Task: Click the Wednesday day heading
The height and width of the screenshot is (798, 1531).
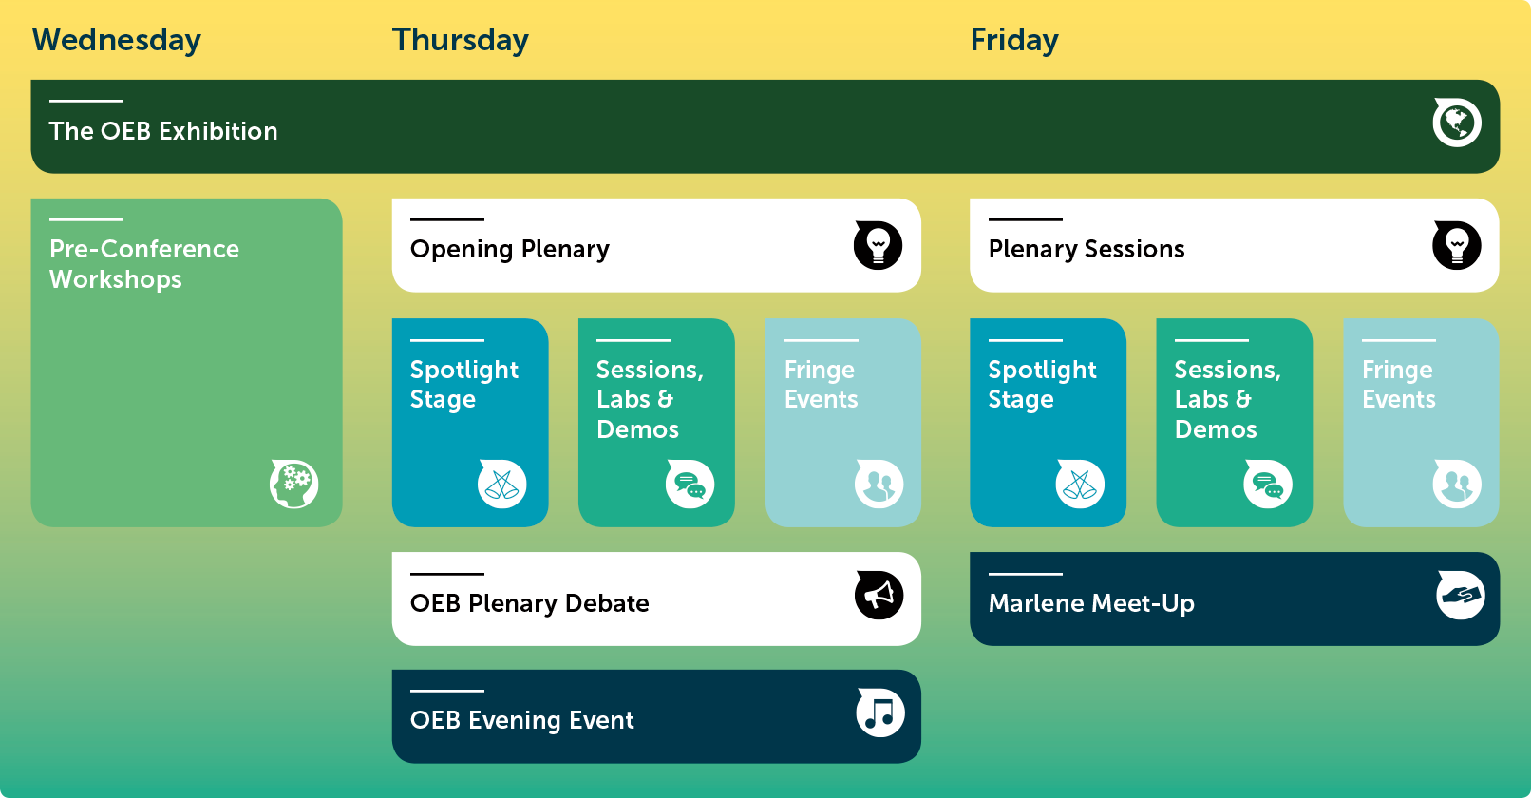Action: click(x=116, y=40)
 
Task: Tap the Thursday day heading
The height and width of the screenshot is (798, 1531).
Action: click(x=460, y=40)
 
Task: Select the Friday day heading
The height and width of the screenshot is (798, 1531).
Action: click(x=1013, y=40)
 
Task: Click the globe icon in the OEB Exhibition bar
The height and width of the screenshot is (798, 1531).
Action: click(x=1457, y=123)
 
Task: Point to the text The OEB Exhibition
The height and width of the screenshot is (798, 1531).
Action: click(x=163, y=131)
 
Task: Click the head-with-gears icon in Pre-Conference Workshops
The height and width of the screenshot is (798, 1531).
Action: click(x=294, y=484)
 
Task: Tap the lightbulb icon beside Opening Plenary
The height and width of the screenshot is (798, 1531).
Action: click(x=878, y=245)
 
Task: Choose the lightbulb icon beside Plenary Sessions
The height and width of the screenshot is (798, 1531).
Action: click(x=1456, y=245)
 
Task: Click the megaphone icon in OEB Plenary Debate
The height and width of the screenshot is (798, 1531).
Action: click(x=879, y=596)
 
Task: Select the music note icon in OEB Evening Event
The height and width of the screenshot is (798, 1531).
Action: click(x=880, y=712)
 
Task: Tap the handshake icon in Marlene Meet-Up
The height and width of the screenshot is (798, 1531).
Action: click(x=1461, y=596)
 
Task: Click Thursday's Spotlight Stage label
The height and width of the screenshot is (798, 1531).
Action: click(x=463, y=384)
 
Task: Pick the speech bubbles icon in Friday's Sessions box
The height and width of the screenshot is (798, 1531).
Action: click(x=1268, y=484)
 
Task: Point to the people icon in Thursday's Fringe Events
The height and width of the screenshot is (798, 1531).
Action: click(x=879, y=484)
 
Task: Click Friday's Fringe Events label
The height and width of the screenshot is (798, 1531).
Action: click(x=1398, y=384)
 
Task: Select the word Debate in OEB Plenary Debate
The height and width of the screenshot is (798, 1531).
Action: click(x=607, y=603)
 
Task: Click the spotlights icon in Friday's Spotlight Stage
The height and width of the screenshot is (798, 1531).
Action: click(x=1080, y=484)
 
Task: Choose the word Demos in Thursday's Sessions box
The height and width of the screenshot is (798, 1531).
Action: click(x=637, y=429)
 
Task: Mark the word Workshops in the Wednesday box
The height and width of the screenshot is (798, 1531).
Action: click(x=116, y=279)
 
